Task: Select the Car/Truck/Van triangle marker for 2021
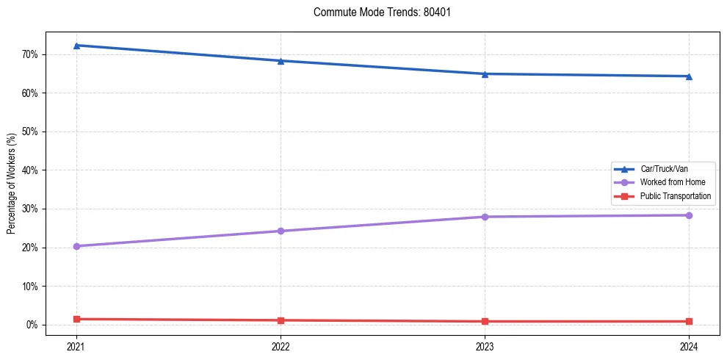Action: (76, 46)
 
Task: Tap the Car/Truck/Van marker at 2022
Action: (281, 61)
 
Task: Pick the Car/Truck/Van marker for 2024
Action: (689, 76)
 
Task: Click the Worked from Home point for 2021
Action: (76, 246)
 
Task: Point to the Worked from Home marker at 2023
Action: (485, 217)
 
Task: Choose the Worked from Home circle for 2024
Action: (689, 215)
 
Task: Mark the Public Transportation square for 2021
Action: (76, 319)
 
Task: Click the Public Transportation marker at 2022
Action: (281, 320)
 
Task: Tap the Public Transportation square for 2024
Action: (689, 321)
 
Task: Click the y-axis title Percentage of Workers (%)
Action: (11, 184)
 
